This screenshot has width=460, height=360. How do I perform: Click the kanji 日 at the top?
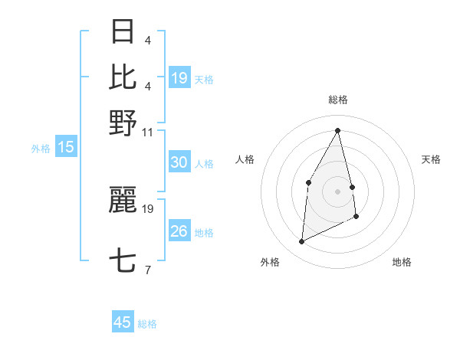pyautogui.click(x=123, y=32)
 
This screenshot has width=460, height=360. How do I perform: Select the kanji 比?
pyautogui.click(x=123, y=77)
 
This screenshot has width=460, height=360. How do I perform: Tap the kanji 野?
pyautogui.click(x=123, y=122)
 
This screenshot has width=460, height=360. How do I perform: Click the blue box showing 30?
pyautogui.click(x=179, y=162)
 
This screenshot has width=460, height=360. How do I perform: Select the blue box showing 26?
pyautogui.click(x=179, y=231)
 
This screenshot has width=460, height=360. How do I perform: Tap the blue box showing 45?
pyautogui.click(x=123, y=322)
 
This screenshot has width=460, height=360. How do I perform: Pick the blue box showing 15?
pyautogui.click(x=65, y=148)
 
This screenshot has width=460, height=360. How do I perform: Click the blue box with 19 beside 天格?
pyautogui.click(x=179, y=78)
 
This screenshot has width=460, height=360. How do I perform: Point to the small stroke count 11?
pyautogui.click(x=148, y=132)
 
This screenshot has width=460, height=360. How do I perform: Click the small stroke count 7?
pyautogui.click(x=147, y=270)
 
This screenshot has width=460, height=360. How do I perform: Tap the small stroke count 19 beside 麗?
pyautogui.click(x=149, y=208)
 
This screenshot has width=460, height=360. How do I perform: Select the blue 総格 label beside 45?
pyautogui.click(x=147, y=324)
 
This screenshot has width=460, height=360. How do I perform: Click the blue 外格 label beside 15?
pyautogui.click(x=41, y=149)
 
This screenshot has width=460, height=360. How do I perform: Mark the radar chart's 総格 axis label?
pyautogui.click(x=338, y=100)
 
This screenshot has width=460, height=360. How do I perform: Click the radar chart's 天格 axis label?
pyautogui.click(x=432, y=159)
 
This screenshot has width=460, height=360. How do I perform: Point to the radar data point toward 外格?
pyautogui.click(x=301, y=242)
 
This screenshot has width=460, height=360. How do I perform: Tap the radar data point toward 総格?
pyautogui.click(x=338, y=129)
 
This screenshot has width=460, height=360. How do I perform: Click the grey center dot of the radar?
pyautogui.click(x=337, y=191)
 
